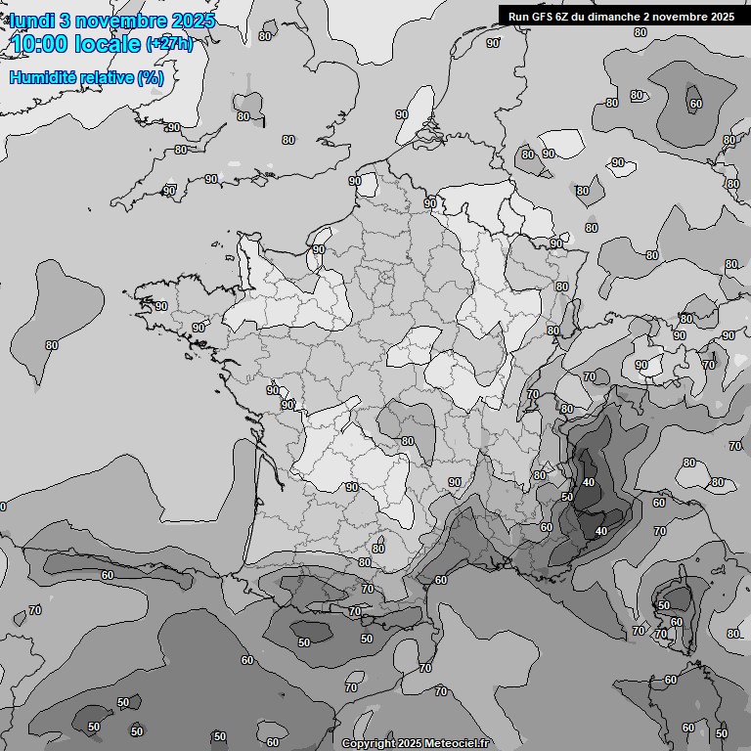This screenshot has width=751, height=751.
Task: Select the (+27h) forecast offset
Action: click(x=169, y=44)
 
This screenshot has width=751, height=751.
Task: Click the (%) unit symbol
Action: click(x=150, y=77)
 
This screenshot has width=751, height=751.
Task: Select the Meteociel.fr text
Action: click(x=456, y=743)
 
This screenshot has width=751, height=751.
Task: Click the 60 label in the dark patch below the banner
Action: click(x=695, y=104)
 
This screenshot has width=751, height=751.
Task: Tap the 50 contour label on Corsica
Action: click(x=664, y=605)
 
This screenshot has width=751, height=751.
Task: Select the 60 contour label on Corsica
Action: click(x=677, y=622)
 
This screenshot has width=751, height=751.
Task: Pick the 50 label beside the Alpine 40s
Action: click(x=567, y=497)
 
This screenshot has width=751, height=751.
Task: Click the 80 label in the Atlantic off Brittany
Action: click(x=52, y=345)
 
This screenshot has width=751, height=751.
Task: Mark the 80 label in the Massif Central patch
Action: click(x=408, y=441)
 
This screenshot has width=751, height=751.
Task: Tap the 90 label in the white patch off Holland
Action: click(x=402, y=114)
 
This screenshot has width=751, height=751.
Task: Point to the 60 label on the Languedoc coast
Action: click(x=441, y=580)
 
